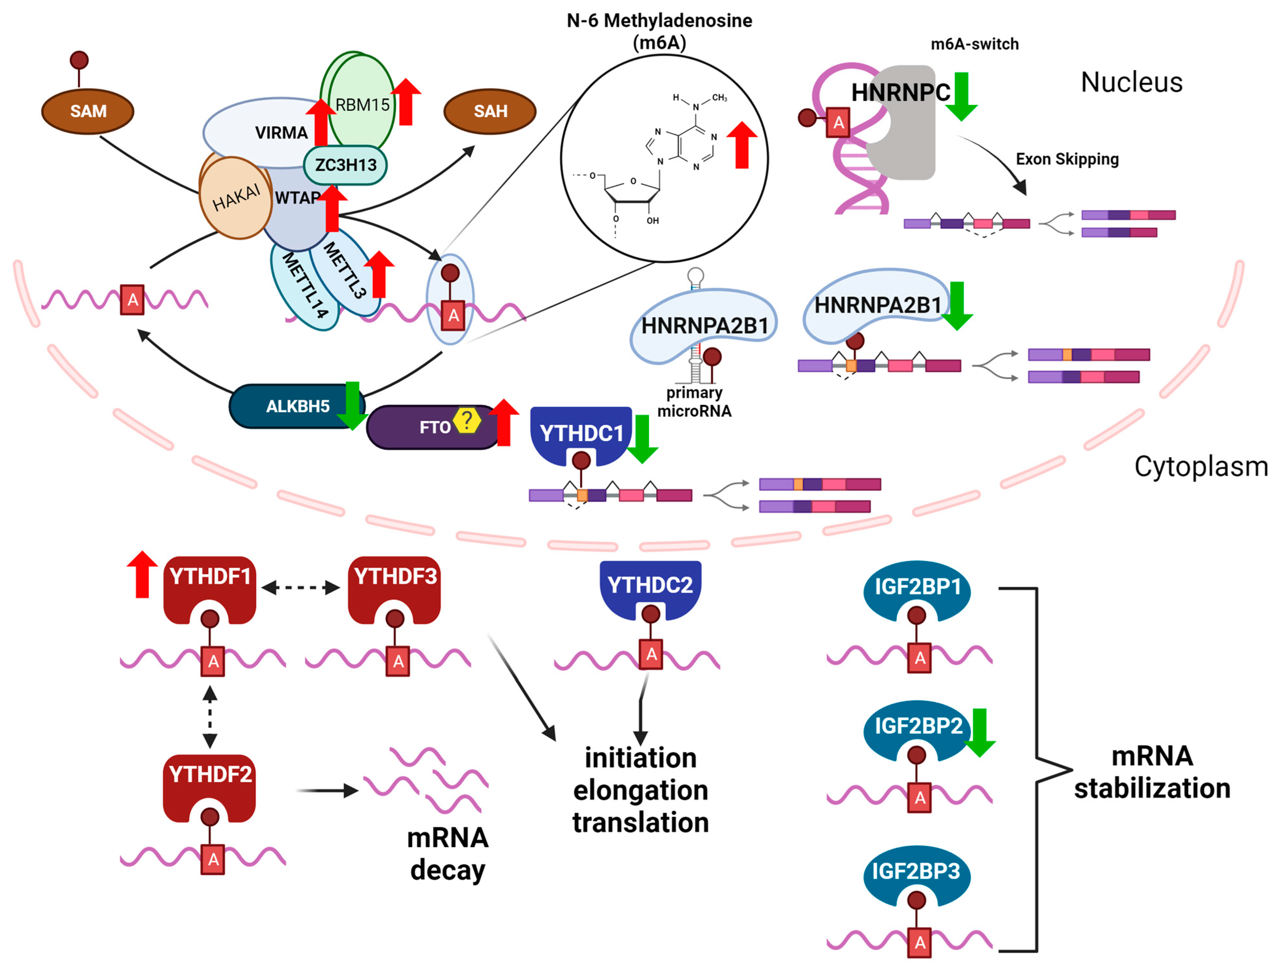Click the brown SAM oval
[88, 111]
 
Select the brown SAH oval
[490, 111]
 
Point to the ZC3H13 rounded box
[345, 165]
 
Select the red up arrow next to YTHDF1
[142, 574]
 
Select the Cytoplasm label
[1200, 466]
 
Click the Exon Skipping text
[1067, 159]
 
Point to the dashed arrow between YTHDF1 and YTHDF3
[301, 588]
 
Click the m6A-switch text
[974, 44]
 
